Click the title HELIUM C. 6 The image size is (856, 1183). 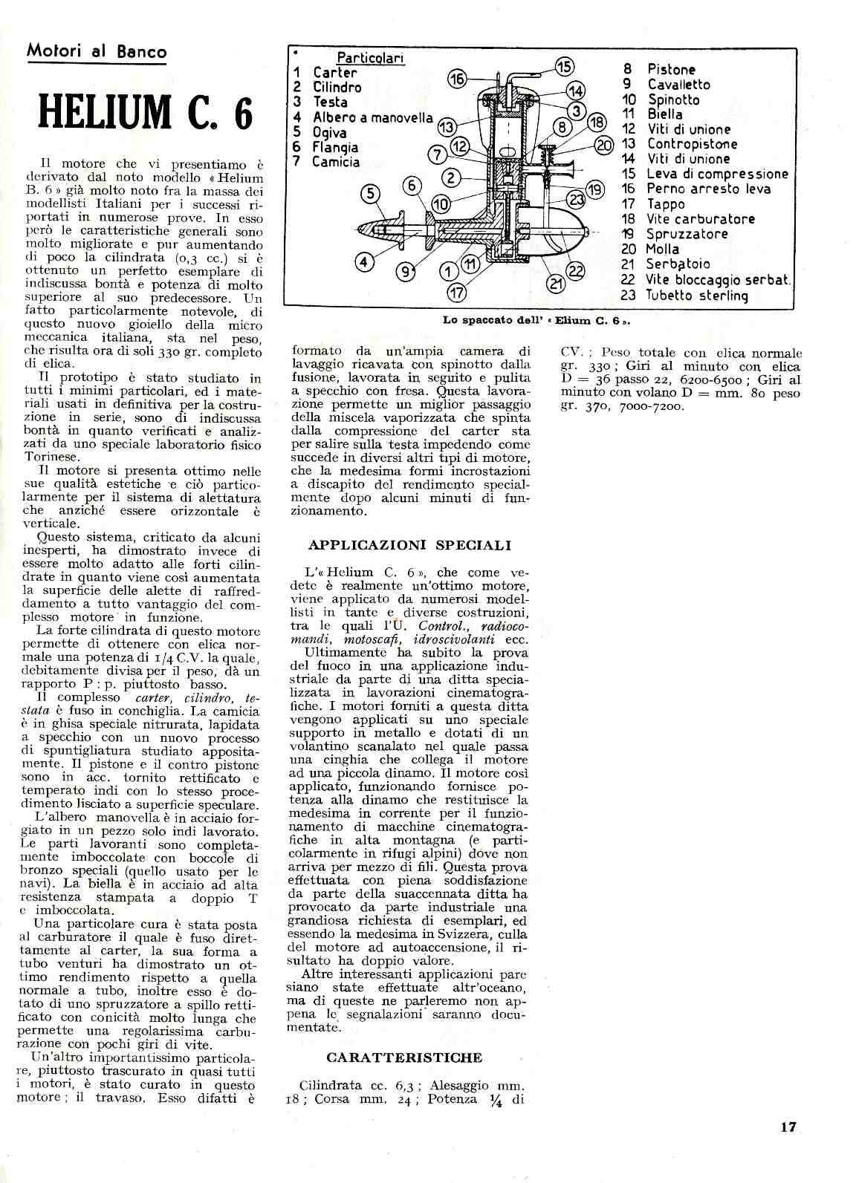pyautogui.click(x=145, y=113)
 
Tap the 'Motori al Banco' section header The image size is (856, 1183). pyautogui.click(x=97, y=51)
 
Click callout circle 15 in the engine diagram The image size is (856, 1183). pyautogui.click(x=565, y=67)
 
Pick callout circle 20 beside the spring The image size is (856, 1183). pyautogui.click(x=604, y=145)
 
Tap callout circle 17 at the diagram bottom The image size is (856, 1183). pyautogui.click(x=457, y=293)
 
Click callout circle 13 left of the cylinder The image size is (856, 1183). pyautogui.click(x=446, y=126)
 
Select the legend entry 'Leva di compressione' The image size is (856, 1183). pyautogui.click(x=717, y=174)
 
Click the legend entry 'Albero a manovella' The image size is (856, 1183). pyautogui.click(x=372, y=117)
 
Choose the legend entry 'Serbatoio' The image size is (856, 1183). pyautogui.click(x=678, y=264)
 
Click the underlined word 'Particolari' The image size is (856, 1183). pyautogui.click(x=371, y=57)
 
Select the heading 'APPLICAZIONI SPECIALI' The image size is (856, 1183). pyautogui.click(x=409, y=545)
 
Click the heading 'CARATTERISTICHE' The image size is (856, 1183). pyautogui.click(x=404, y=1057)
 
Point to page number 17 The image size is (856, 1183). pyautogui.click(x=788, y=1127)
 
